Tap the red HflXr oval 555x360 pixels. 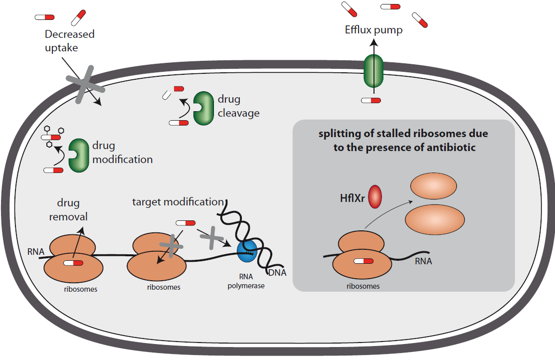(375, 196)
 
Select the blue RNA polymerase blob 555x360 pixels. (246, 249)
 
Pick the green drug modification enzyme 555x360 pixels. (77, 155)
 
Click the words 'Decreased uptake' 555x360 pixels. (69, 41)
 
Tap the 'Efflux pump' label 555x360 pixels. (373, 30)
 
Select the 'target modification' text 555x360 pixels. (178, 202)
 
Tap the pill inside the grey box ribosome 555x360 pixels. (363, 261)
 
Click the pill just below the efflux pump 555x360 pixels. (371, 100)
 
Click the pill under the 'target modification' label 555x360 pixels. (185, 223)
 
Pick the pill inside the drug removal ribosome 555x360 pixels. (73, 262)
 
